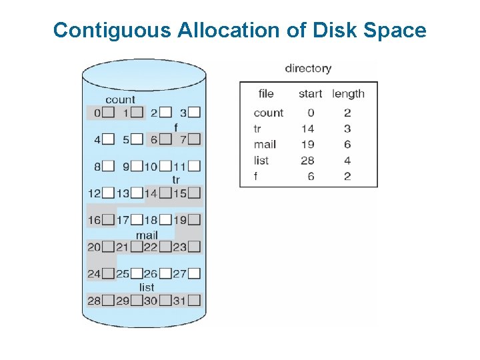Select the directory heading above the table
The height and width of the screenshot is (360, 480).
308,69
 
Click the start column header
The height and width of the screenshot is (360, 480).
310,94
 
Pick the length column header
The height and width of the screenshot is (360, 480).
348,94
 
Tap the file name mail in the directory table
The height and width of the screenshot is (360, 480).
265,144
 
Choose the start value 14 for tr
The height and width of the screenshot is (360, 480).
307,129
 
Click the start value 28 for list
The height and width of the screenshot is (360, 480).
307,160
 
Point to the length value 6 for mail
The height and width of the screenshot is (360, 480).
347,144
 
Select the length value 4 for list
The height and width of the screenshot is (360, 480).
347,160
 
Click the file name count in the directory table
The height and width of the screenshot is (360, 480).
268,113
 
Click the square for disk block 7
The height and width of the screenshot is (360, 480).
194,139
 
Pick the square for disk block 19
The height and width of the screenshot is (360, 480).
194,220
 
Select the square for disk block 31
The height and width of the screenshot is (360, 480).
194,301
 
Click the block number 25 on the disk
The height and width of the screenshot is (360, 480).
123,273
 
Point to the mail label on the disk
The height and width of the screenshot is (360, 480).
147,235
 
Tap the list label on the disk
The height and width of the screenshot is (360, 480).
147,287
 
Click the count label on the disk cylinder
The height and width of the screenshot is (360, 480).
120,100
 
